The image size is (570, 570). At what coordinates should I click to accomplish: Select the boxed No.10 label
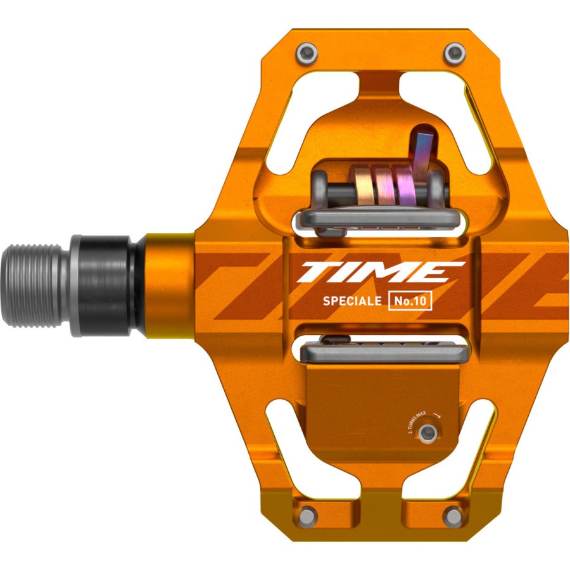410,302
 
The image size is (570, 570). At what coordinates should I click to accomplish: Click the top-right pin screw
454,54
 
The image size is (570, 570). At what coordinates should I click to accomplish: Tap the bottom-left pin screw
308,514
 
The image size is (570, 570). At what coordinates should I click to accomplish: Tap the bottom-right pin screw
453,514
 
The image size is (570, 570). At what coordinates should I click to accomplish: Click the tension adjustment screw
429,433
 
